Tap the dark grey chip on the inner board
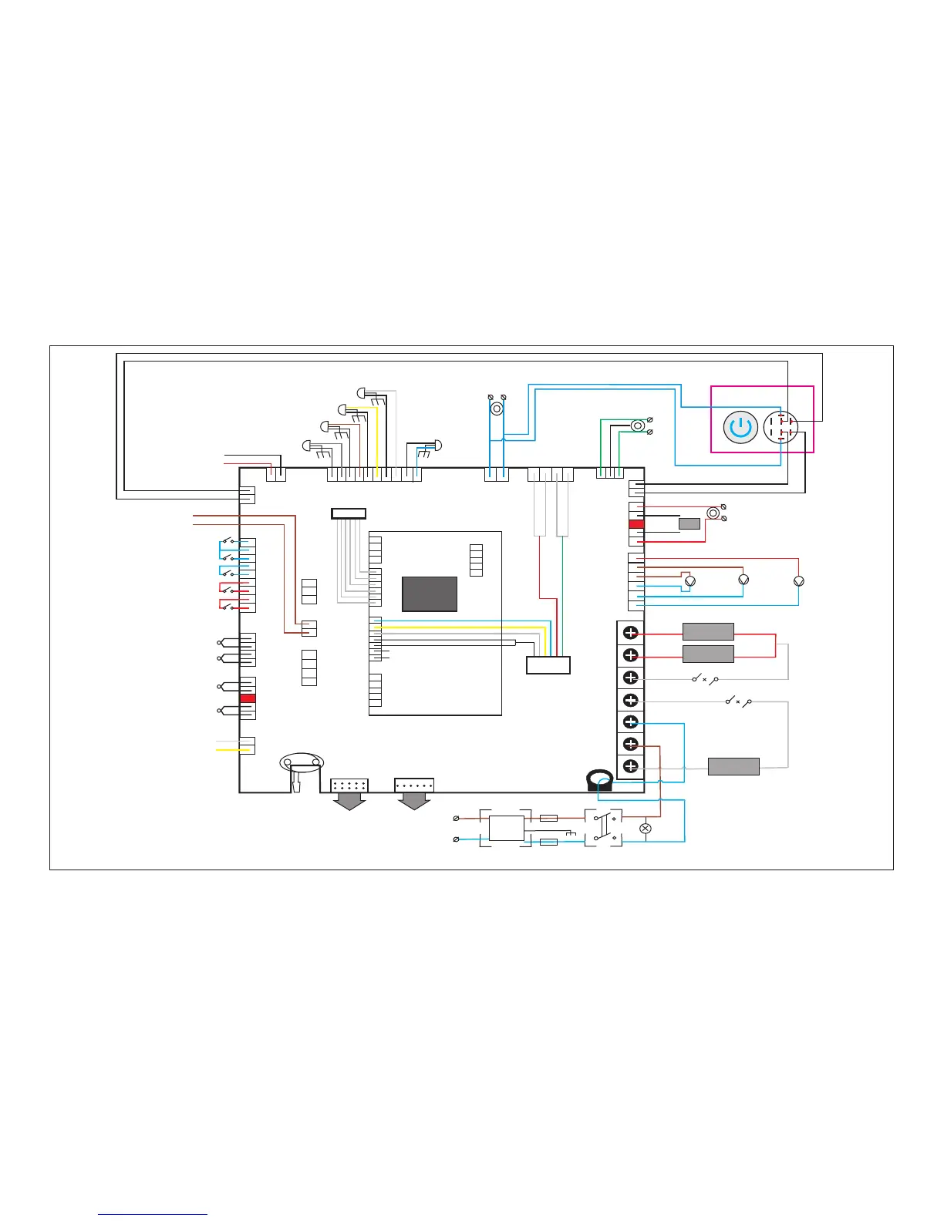pyautogui.click(x=430, y=594)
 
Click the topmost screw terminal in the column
pyautogui.click(x=631, y=634)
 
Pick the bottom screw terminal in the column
pyautogui.click(x=631, y=766)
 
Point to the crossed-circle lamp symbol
pyautogui.click(x=646, y=828)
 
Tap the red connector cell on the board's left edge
pyautogui.click(x=248, y=698)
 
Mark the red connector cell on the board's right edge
pyautogui.click(x=636, y=524)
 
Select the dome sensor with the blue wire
pyautogui.click(x=438, y=446)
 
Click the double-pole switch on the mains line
pyautogui.click(x=603, y=828)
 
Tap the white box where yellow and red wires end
pyautogui.click(x=548, y=664)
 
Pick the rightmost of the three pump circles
pyautogui.click(x=799, y=580)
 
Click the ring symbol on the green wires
pyautogui.click(x=638, y=425)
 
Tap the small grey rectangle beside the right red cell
pyautogui.click(x=689, y=524)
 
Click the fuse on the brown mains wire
pyautogui.click(x=548, y=818)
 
